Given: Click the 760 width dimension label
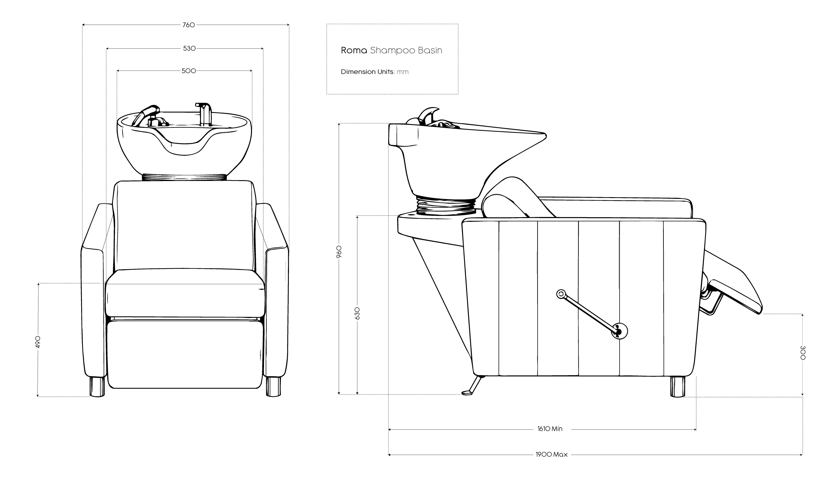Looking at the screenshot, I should (x=189, y=25).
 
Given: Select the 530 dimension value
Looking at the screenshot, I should (x=189, y=48).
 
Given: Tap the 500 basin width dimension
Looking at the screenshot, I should (x=189, y=71).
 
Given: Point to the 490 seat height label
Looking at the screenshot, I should (x=38, y=342).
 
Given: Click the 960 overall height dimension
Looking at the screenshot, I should (x=339, y=252).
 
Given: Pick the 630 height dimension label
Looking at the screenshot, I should (x=357, y=313).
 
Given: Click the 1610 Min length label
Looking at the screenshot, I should (x=550, y=429).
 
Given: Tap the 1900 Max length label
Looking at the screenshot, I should (x=551, y=454).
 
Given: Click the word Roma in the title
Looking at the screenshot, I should (x=354, y=50).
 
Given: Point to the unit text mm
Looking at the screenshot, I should (x=403, y=72).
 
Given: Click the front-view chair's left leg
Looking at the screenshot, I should (x=97, y=387).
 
